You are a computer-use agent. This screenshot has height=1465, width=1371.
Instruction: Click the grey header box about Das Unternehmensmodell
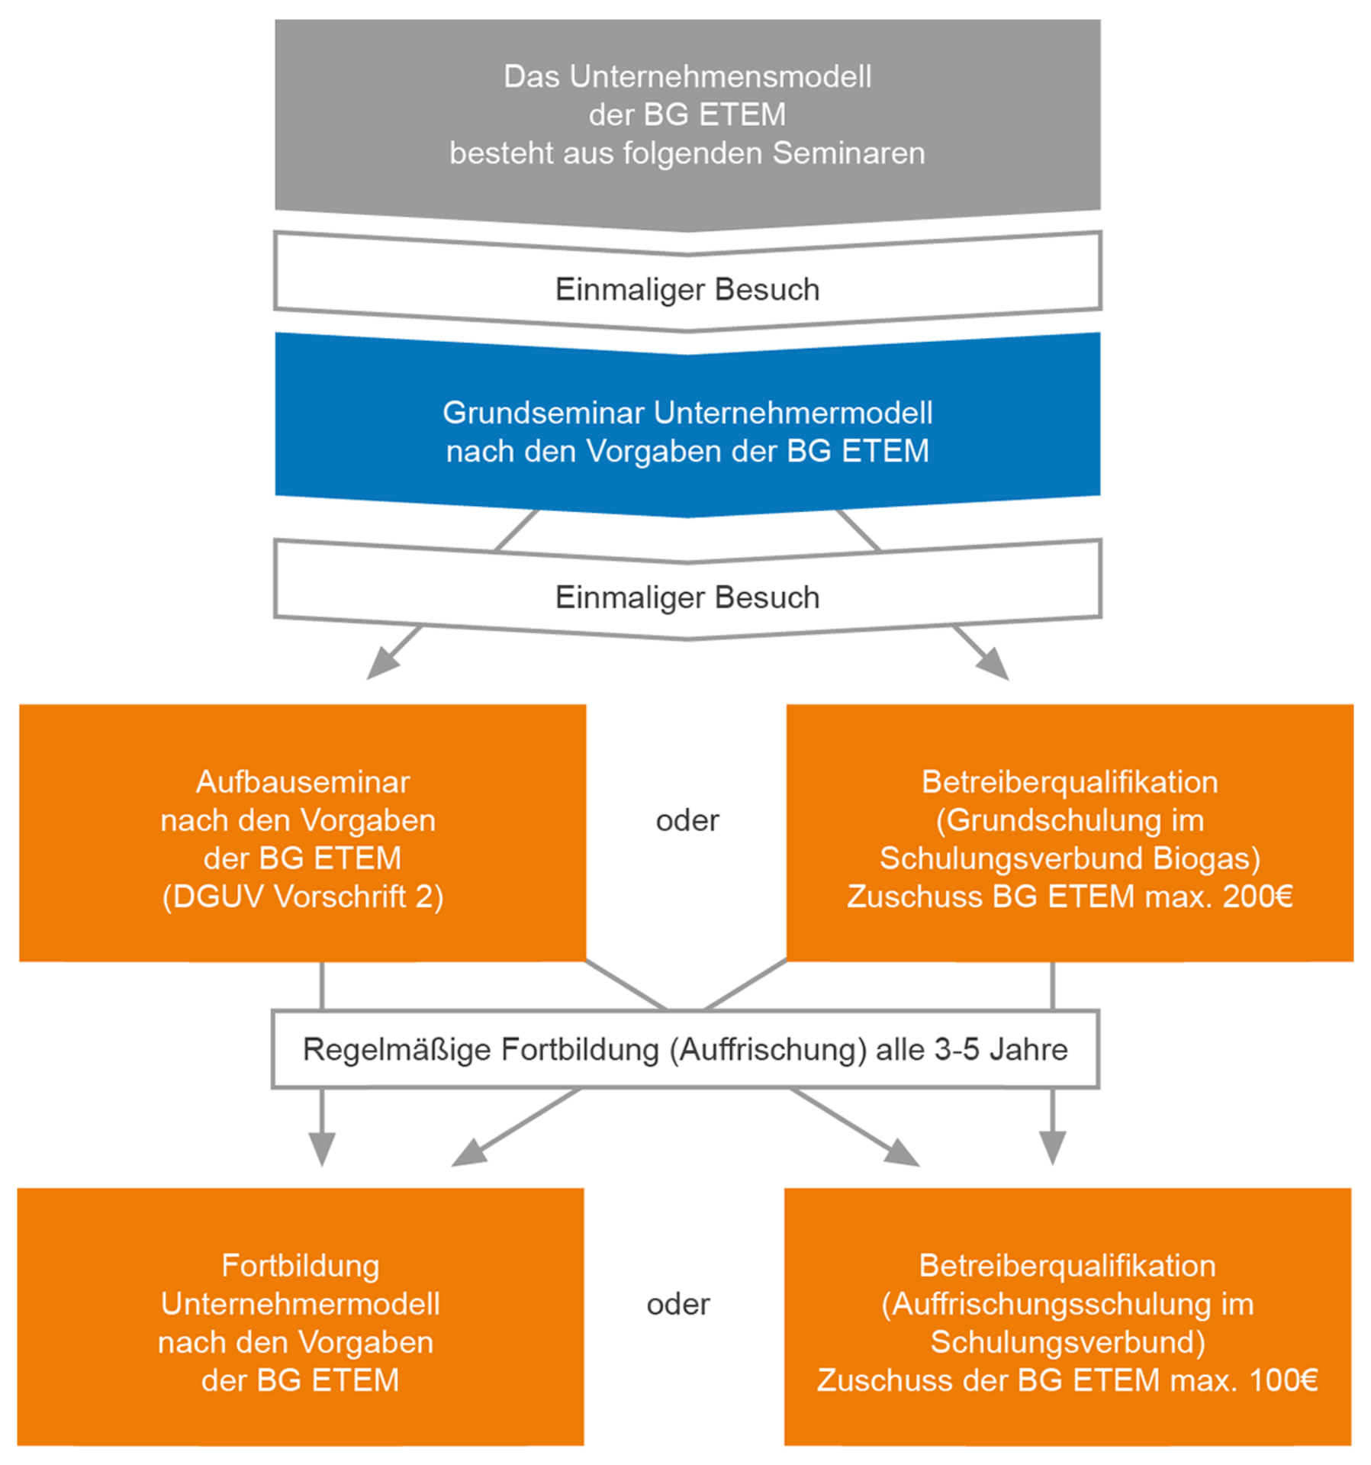tap(687, 114)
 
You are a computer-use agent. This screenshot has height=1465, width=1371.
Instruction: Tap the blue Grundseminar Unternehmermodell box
tap(687, 431)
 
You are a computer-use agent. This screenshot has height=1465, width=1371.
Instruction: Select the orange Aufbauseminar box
tap(302, 832)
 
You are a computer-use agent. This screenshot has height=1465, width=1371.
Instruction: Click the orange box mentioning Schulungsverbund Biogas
tap(1070, 832)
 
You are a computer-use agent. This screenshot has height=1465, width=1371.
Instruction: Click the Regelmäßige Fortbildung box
tap(685, 1049)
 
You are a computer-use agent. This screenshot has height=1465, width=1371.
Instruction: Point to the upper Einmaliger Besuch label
tap(687, 290)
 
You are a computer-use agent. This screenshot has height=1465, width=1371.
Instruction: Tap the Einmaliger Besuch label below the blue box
tap(687, 597)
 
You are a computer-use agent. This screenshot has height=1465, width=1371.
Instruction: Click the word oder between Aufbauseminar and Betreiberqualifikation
tap(687, 821)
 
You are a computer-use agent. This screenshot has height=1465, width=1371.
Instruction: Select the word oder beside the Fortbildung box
tap(677, 1305)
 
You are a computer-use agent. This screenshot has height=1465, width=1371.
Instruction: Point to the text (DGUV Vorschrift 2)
tap(302, 897)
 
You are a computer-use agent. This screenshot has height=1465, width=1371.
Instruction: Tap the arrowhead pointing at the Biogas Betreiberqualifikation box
tap(995, 666)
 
